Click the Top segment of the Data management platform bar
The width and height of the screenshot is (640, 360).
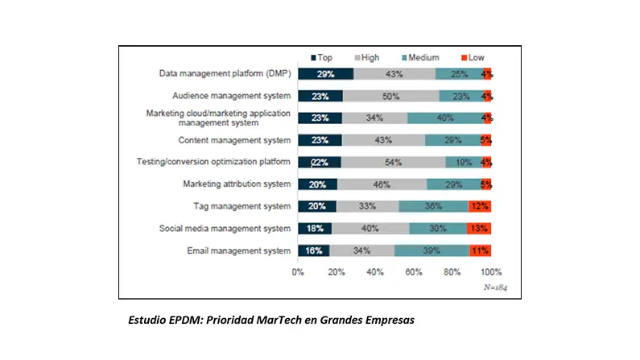click(x=325, y=74)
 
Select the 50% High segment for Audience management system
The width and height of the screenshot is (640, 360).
click(x=391, y=96)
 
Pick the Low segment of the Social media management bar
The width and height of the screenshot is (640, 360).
click(x=480, y=228)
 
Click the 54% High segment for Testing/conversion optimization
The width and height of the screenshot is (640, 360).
click(x=394, y=162)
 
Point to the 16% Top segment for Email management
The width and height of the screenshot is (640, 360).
click(x=313, y=250)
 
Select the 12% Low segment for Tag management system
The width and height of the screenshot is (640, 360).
click(x=481, y=206)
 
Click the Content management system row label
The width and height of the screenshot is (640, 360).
click(x=236, y=140)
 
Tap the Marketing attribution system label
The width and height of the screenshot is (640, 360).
click(x=237, y=184)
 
